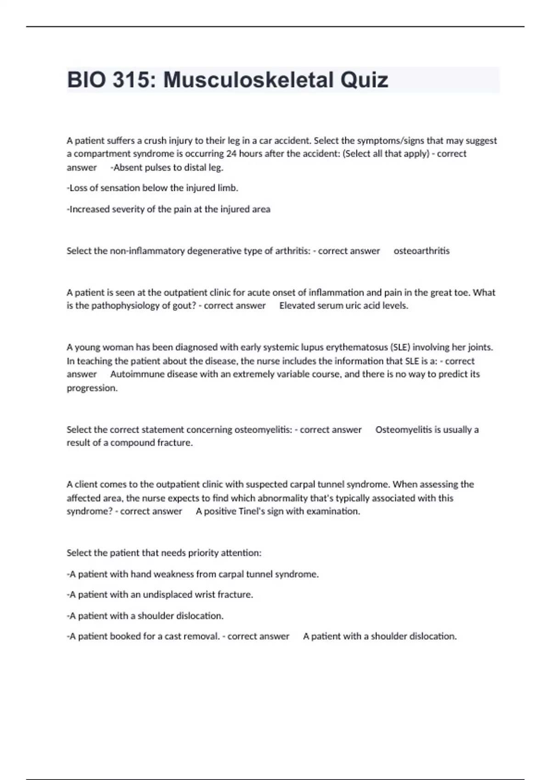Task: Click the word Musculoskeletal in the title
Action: coord(248,80)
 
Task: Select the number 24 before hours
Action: coord(231,154)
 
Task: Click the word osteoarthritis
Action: coord(422,251)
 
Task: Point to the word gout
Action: coord(185,306)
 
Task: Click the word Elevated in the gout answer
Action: coord(297,306)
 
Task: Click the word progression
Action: coord(92,388)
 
